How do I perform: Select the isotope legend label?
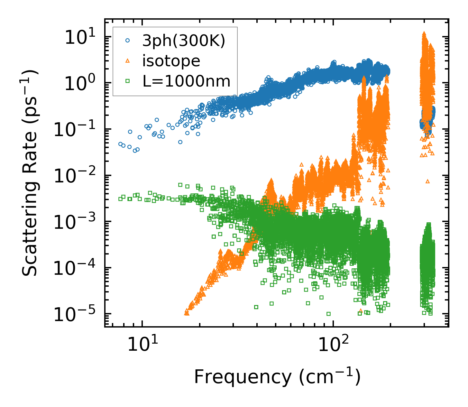click(171, 61)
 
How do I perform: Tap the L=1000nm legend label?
click(187, 81)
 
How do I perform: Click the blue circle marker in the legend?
click(128, 41)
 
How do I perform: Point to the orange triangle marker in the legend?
click(128, 60)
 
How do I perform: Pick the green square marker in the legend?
click(128, 81)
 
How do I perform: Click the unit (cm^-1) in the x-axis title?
click(329, 377)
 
